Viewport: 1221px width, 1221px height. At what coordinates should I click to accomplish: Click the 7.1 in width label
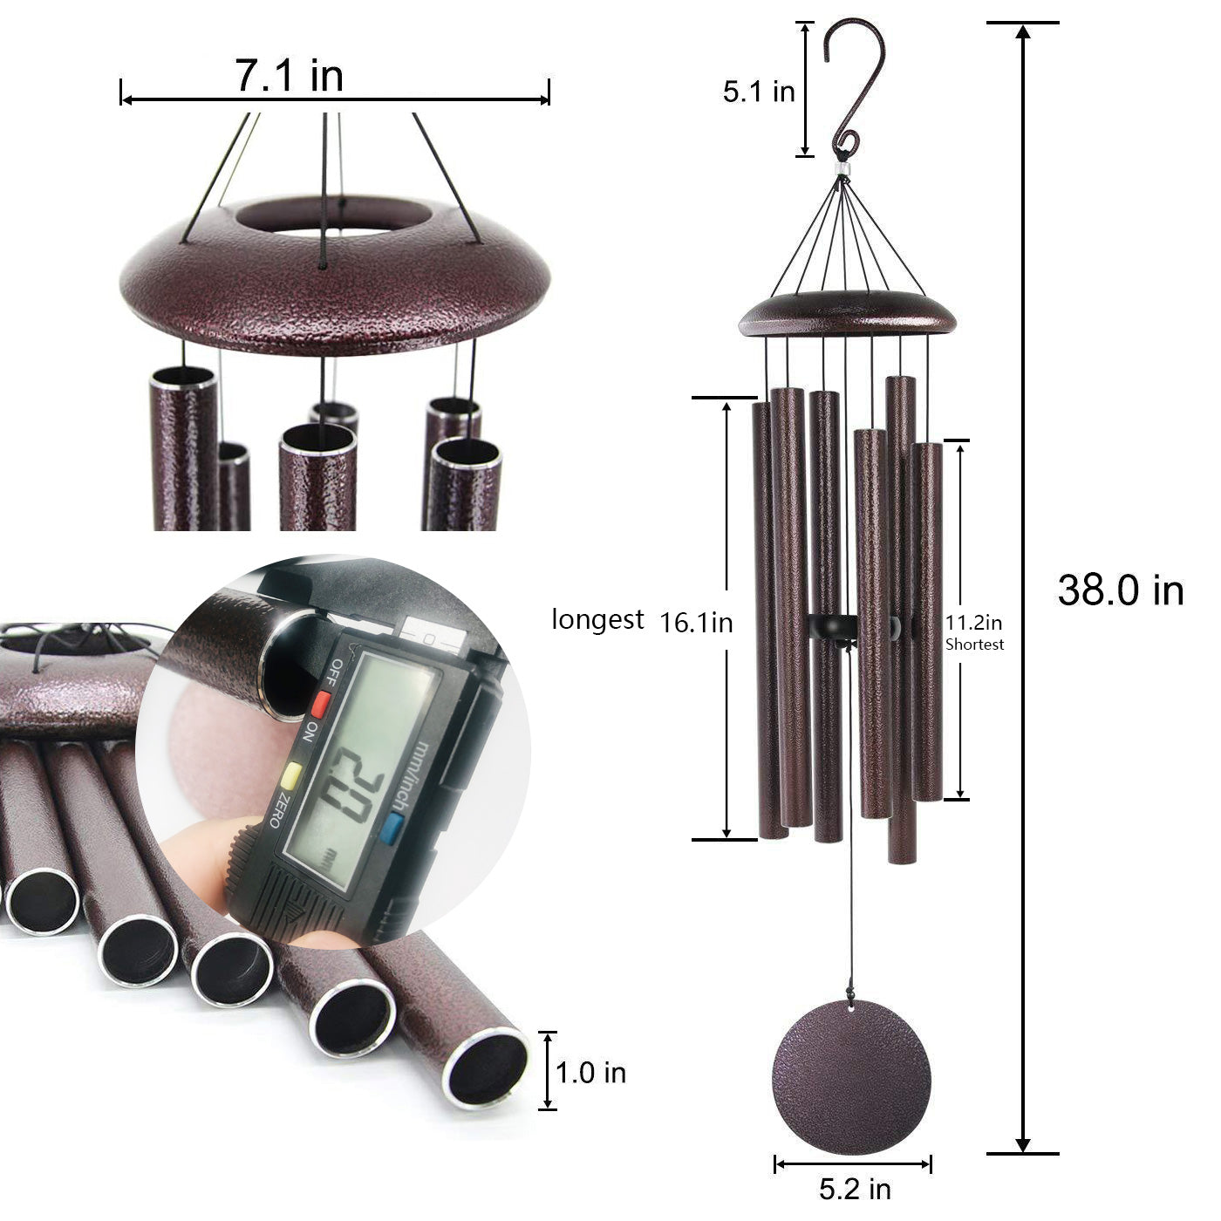click(x=289, y=76)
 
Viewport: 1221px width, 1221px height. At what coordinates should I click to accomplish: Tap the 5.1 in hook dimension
click(x=759, y=91)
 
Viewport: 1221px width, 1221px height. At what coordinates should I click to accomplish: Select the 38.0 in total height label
click(x=1120, y=590)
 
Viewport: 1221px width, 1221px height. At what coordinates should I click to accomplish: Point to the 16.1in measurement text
click(x=696, y=623)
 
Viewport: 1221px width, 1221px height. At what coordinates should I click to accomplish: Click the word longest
click(x=597, y=620)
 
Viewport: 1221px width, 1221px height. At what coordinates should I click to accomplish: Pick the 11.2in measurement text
click(x=974, y=623)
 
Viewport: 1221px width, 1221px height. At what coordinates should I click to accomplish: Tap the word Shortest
click(x=975, y=645)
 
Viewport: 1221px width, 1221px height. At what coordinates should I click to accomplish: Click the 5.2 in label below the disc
click(x=854, y=1188)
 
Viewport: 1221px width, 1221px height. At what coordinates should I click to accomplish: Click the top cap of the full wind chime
click(x=847, y=316)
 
